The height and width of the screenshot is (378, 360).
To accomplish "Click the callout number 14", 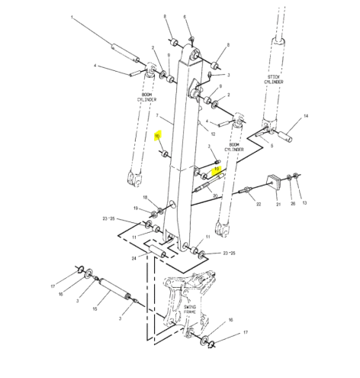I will tap(306, 116).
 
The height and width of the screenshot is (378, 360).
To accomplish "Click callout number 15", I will tap(95, 309).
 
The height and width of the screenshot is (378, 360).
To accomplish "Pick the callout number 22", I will tap(258, 204).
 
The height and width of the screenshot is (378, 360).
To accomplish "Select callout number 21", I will tap(278, 205).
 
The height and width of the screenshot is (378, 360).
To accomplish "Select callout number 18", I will tap(146, 198).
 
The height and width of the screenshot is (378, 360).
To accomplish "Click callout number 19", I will tap(135, 208).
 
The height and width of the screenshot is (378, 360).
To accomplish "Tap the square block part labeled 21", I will tap(271, 181).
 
